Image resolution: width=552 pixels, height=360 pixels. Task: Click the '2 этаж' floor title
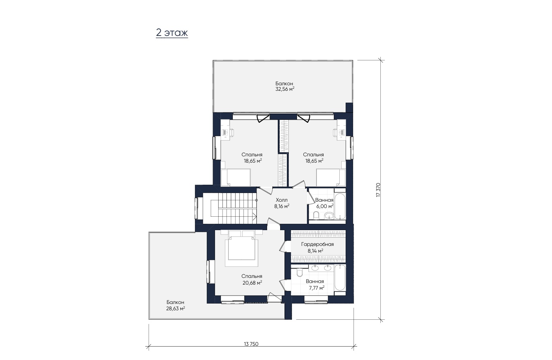172,33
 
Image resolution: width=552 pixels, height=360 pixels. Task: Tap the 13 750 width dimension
251,344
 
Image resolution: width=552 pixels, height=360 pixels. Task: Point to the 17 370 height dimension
378,190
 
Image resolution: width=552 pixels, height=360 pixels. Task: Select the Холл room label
282,200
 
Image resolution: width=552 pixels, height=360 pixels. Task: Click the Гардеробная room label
317,244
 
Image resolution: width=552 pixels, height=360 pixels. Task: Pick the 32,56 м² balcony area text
285,89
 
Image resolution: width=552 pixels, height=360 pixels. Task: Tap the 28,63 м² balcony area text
176,308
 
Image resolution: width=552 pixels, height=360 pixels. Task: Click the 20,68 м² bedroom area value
252,283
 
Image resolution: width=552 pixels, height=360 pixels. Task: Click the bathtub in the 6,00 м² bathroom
340,206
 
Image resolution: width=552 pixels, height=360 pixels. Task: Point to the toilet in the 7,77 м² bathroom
299,272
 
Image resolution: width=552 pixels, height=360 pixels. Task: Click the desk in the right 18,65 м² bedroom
341,133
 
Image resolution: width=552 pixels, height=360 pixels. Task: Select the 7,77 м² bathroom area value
317,288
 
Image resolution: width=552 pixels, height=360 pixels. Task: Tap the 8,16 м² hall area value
282,206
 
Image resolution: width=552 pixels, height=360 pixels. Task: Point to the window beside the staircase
196,208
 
